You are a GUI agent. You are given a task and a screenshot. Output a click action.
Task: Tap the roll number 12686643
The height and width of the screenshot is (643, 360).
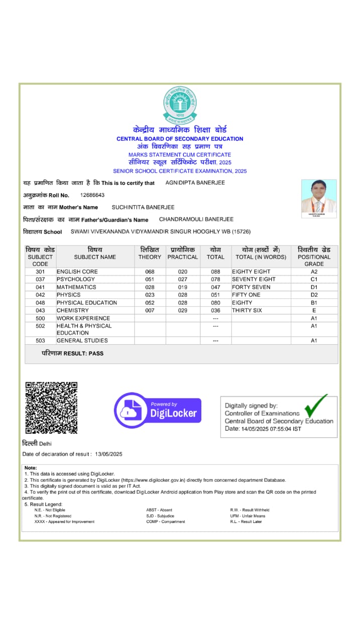(92, 195)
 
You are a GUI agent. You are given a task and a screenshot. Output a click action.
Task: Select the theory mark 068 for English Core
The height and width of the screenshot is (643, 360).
(150, 272)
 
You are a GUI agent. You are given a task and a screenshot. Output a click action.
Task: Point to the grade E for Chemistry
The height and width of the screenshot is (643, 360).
(314, 310)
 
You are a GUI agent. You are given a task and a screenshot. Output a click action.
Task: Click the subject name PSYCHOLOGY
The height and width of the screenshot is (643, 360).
(75, 279)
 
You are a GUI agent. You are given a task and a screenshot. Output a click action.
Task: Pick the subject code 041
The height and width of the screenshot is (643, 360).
(40, 287)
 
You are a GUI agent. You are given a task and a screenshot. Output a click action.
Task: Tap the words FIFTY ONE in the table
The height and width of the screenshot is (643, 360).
(246, 295)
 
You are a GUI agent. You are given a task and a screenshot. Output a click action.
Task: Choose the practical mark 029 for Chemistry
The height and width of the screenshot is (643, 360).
(182, 310)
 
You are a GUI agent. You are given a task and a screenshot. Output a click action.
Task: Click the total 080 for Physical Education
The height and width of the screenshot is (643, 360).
(215, 303)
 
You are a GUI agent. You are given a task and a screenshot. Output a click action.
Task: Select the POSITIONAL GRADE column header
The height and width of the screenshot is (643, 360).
(314, 257)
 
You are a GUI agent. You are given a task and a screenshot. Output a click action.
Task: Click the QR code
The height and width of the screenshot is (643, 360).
(52, 407)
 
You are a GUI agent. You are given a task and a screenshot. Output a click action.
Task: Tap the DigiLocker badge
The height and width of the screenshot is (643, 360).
(158, 410)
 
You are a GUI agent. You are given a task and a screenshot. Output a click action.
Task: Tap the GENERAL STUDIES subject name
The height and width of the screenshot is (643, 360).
(82, 341)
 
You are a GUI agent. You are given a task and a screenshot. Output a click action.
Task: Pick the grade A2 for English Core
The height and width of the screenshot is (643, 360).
(314, 272)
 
